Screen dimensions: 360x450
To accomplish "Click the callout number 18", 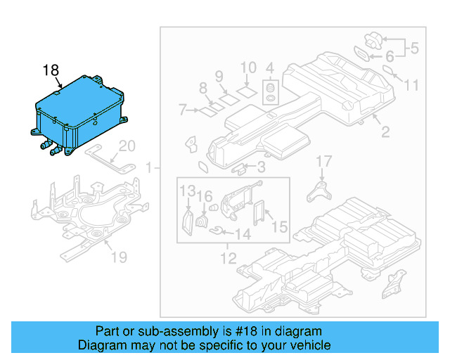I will pyautogui.click(x=51, y=70).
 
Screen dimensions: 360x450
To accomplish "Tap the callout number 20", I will pyautogui.click(x=126, y=146).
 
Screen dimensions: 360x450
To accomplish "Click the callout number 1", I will pyautogui.click(x=148, y=168).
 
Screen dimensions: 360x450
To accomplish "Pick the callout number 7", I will pyautogui.click(x=182, y=110).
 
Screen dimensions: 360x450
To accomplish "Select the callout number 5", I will pyautogui.click(x=414, y=49).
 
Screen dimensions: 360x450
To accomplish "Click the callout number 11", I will pyautogui.click(x=411, y=85).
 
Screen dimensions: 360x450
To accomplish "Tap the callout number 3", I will pyautogui.click(x=260, y=167).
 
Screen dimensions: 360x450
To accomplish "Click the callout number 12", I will pyautogui.click(x=227, y=259).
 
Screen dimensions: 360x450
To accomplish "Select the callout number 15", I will pyautogui.click(x=279, y=227).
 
